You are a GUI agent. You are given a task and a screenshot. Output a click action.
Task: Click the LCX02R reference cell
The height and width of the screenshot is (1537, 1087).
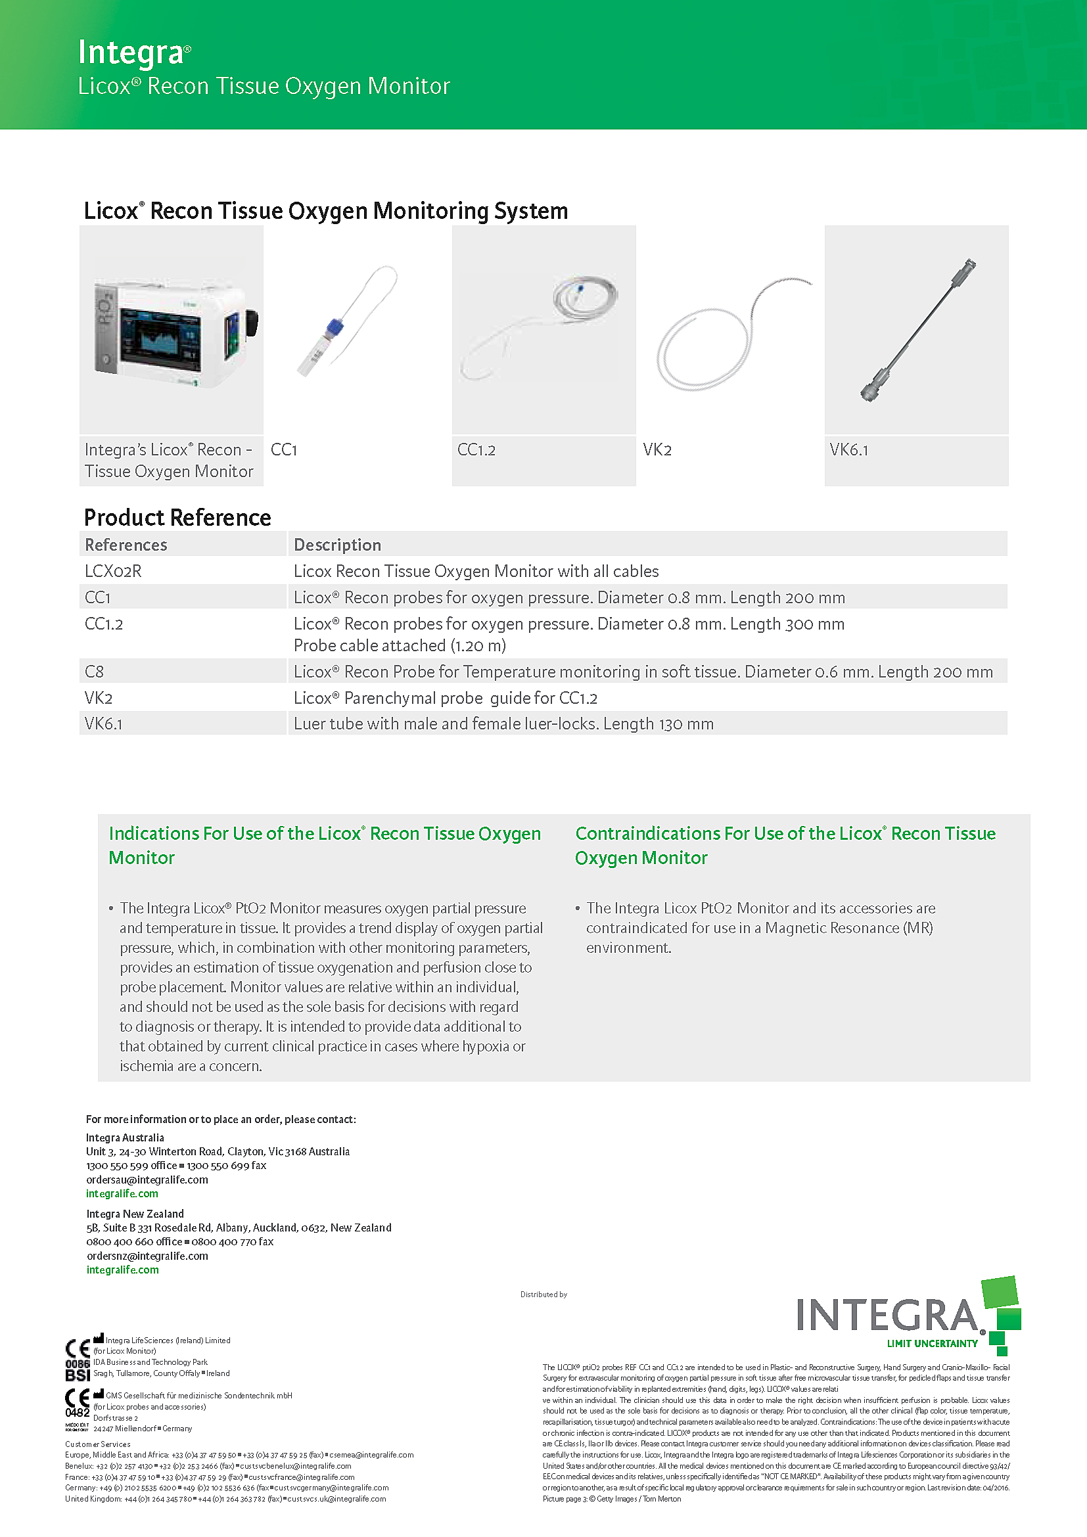[x=113, y=571]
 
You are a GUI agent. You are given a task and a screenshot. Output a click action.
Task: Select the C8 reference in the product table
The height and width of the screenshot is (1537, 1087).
[x=95, y=672]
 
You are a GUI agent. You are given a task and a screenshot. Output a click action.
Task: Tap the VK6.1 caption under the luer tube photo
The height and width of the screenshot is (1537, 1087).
[x=848, y=450]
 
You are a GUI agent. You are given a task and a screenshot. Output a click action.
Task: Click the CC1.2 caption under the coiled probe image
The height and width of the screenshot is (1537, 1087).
[x=476, y=450]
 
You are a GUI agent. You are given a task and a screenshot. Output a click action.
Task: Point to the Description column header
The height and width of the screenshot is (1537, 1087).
[x=337, y=545]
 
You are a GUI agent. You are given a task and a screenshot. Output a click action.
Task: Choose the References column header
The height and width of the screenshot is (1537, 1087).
[x=126, y=545]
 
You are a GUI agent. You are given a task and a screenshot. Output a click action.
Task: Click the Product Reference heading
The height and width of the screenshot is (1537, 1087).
[x=177, y=517]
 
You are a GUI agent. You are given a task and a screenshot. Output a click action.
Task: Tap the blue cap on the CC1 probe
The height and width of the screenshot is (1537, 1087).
[x=335, y=327]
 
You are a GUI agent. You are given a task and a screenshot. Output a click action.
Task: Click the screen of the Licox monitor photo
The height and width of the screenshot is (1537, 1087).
[x=159, y=339]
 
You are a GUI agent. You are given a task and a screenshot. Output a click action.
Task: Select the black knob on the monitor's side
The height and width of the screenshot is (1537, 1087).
[x=252, y=323]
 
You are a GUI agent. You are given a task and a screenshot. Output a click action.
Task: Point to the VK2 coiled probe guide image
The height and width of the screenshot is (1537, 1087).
[x=726, y=334]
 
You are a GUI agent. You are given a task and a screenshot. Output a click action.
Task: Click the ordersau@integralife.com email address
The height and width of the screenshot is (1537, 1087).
[x=147, y=1180]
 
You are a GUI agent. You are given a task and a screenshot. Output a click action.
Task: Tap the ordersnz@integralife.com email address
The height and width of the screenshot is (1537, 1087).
[x=147, y=1256]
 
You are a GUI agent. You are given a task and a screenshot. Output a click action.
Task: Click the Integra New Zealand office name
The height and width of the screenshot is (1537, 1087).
[x=135, y=1214]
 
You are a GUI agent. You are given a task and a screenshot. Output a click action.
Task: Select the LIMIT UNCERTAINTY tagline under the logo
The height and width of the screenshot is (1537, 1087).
[x=932, y=1344]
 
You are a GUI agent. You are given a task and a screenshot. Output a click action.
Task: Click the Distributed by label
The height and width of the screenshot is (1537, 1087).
[x=543, y=1295]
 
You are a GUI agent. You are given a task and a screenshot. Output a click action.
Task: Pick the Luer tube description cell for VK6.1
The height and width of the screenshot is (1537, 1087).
[x=503, y=723]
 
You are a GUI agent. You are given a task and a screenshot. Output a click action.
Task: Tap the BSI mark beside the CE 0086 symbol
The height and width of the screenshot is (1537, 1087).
[x=78, y=1375]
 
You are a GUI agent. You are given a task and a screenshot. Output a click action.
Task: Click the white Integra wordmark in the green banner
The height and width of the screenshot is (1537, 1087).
[x=131, y=52]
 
